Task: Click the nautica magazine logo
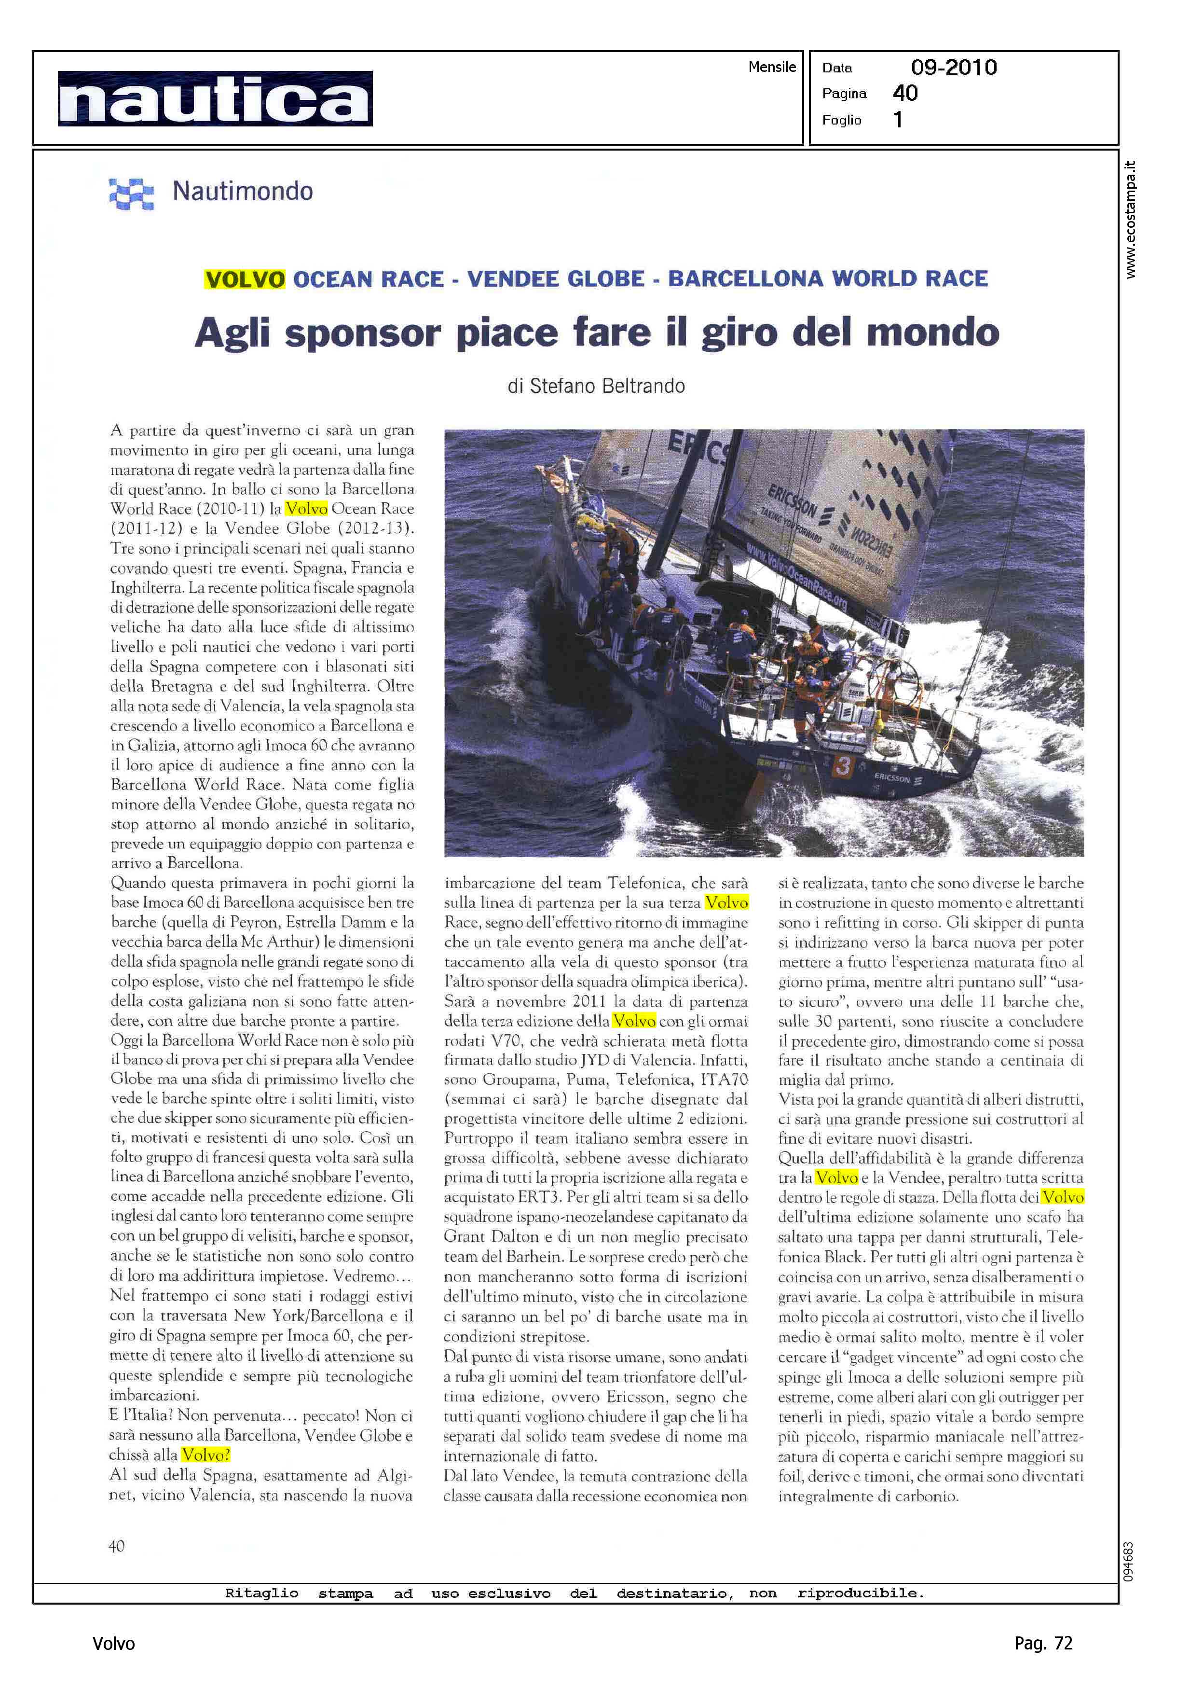pos(215,98)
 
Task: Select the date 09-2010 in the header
pos(954,68)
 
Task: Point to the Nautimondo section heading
pos(243,191)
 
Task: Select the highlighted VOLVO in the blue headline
pos(245,279)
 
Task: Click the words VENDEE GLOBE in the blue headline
pos(555,279)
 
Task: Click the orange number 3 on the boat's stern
pos(841,766)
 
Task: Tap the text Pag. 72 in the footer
pos(1043,1643)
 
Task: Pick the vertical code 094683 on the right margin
pos(1128,1562)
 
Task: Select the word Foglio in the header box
pos(841,120)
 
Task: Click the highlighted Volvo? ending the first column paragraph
pos(206,1454)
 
